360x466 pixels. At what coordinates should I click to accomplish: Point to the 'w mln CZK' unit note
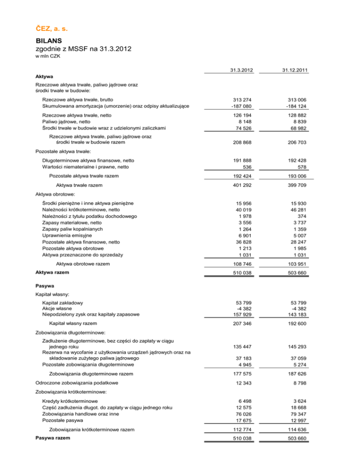(x=49, y=56)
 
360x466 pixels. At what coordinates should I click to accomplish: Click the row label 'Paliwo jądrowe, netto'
(x=69, y=121)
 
